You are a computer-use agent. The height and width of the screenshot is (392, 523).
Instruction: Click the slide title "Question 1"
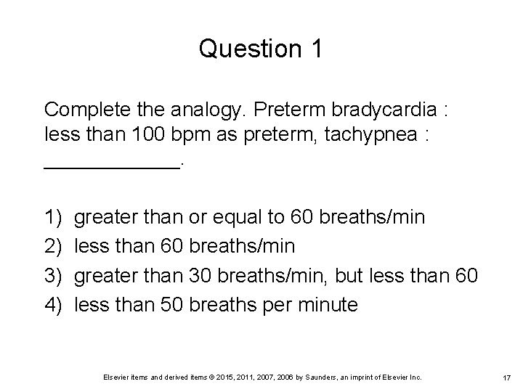click(x=261, y=49)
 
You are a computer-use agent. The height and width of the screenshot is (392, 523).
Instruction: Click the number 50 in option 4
click(x=170, y=305)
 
